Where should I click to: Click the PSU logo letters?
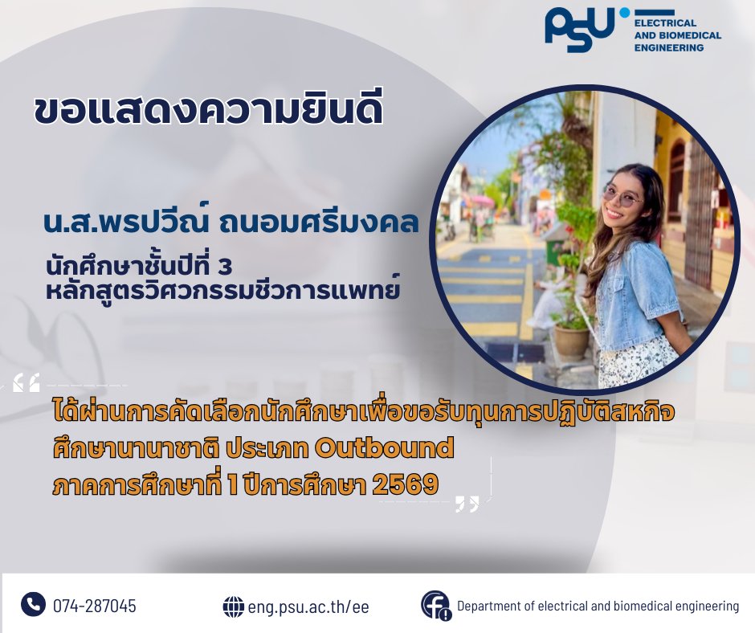coord(580,30)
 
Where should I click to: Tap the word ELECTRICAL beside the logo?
coord(665,23)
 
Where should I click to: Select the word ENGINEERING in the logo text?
coord(669,47)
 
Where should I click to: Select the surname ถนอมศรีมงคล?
coord(319,223)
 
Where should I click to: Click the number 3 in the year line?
coord(226,267)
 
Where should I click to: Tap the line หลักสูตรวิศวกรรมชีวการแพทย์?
coord(222,290)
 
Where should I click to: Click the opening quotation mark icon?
coord(27,382)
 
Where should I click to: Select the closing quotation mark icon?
coord(467,504)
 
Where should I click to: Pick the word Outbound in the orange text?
coord(384,448)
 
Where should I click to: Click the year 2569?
coord(406,484)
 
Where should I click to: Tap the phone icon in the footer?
coord(33,604)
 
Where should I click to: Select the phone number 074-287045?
coord(95,606)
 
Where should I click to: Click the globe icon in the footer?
coord(234,606)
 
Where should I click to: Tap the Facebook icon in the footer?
coord(436,605)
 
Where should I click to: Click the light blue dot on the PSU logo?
coord(625,13)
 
